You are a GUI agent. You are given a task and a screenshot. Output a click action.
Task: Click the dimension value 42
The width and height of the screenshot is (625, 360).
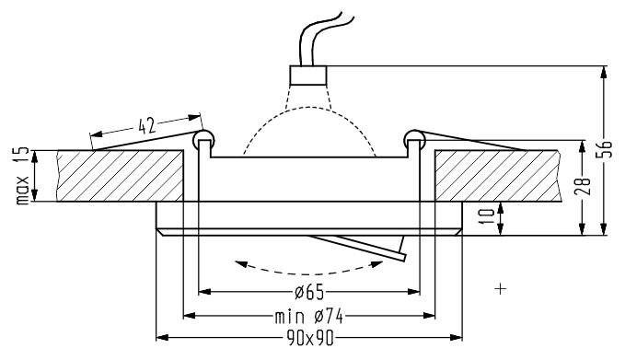[x=146, y=125]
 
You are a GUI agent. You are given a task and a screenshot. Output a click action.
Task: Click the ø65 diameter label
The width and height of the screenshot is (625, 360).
[x=309, y=293]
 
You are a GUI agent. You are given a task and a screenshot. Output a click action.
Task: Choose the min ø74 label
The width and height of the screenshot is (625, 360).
[x=309, y=317]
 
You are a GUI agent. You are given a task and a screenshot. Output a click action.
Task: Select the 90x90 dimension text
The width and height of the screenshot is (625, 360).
[x=309, y=339]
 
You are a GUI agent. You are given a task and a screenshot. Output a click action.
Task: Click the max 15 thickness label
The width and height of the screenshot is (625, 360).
[x=23, y=176]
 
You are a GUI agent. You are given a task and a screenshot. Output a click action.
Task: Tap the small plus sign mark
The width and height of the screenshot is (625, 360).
[x=500, y=288]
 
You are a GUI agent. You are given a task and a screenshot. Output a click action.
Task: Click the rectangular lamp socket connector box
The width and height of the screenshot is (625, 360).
[x=308, y=75]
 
